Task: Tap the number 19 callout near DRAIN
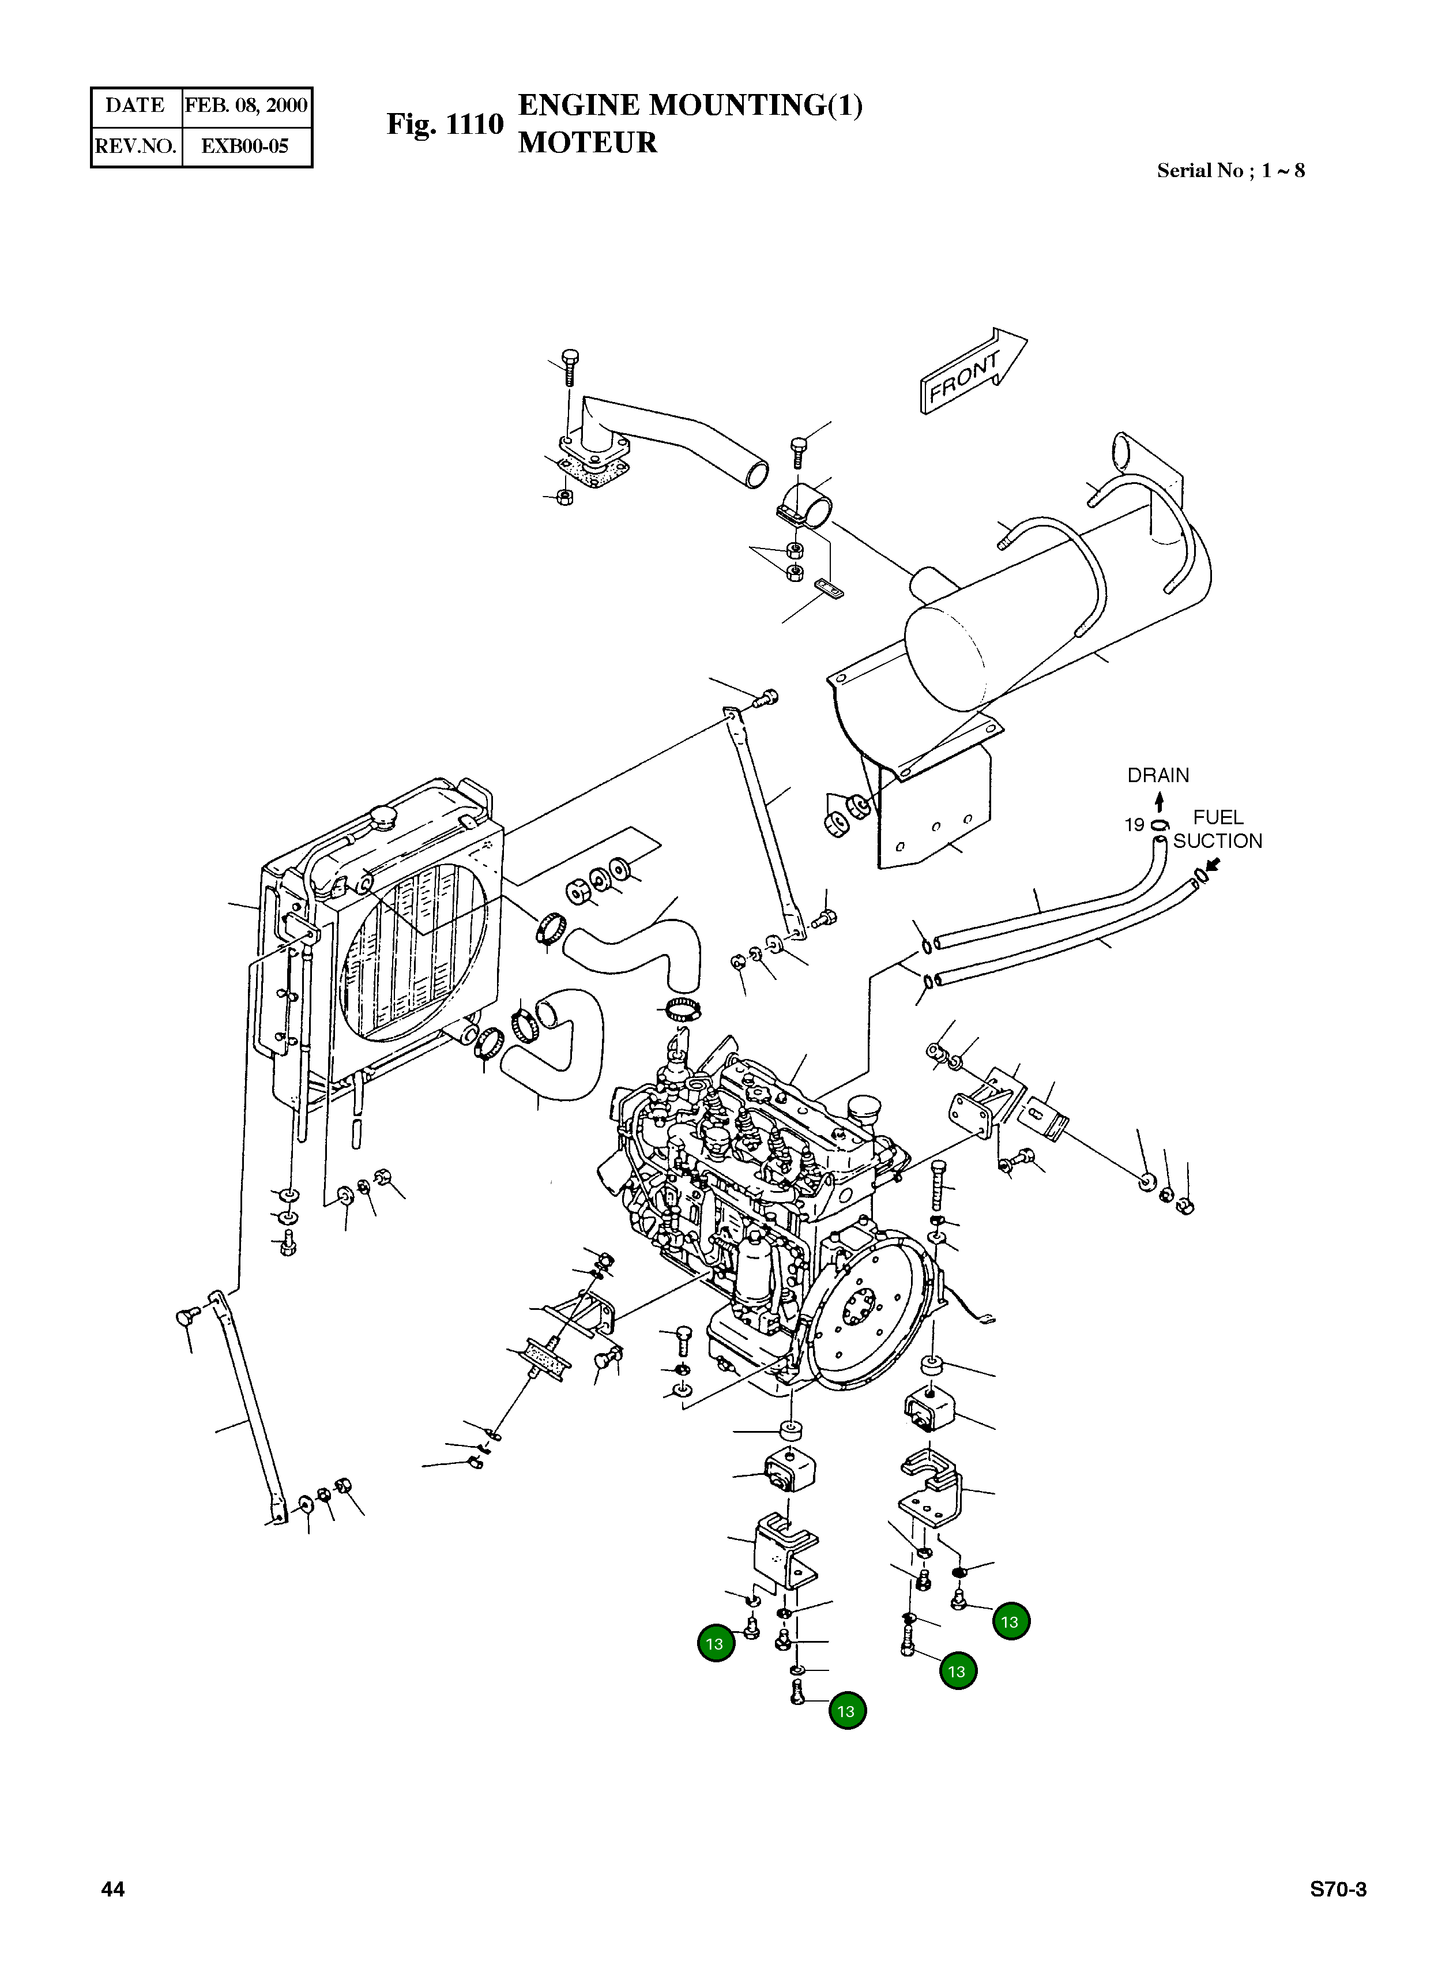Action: (1134, 824)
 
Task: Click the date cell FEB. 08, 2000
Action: (246, 106)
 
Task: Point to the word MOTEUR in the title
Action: (588, 142)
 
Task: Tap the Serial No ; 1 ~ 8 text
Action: (1230, 171)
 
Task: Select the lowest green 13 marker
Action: (846, 1710)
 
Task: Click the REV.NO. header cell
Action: (135, 146)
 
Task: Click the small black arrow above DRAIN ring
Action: (1160, 802)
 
